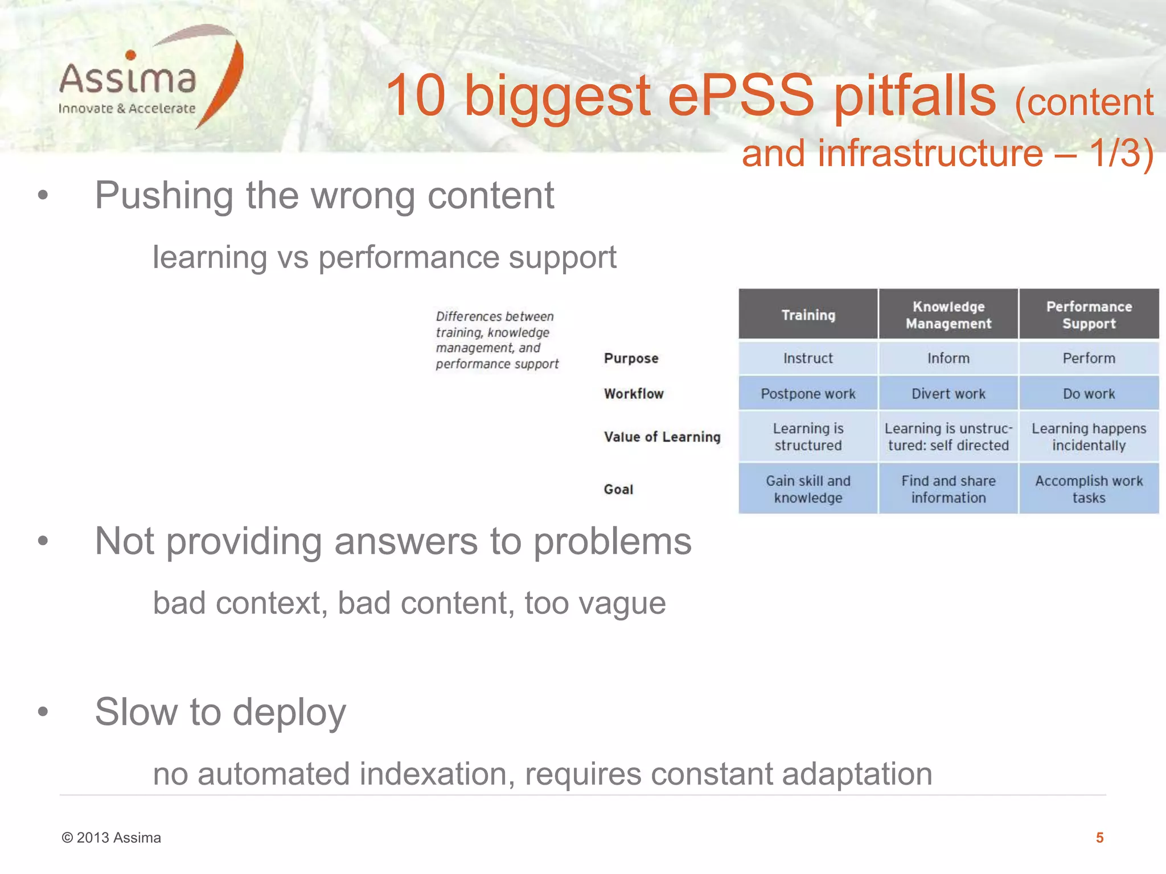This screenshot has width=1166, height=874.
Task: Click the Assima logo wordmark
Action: pyautogui.click(x=128, y=79)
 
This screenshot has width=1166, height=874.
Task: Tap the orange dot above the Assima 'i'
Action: pyautogui.click(x=130, y=55)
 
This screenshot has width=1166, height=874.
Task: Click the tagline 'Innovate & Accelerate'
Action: pyautogui.click(x=127, y=109)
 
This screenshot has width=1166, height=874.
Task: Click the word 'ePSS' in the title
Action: pyautogui.click(x=741, y=96)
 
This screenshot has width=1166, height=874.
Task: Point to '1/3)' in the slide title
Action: pyautogui.click(x=1121, y=153)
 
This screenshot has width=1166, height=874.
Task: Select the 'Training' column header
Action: pyautogui.click(x=808, y=315)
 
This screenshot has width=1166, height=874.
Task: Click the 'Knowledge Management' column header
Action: pyautogui.click(x=948, y=315)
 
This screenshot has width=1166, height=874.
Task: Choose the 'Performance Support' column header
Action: pyautogui.click(x=1089, y=315)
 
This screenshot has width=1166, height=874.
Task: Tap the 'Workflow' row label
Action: pyautogui.click(x=634, y=394)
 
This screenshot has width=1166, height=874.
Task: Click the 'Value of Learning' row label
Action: pyautogui.click(x=662, y=437)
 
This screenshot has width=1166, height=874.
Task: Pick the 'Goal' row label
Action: pyautogui.click(x=618, y=489)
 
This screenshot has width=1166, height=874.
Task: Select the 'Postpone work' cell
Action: pyautogui.click(x=808, y=394)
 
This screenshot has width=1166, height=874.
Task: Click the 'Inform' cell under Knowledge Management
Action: pyautogui.click(x=948, y=358)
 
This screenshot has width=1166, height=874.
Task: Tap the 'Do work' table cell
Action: pyautogui.click(x=1089, y=394)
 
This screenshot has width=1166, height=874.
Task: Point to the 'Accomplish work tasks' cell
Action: pyautogui.click(x=1089, y=489)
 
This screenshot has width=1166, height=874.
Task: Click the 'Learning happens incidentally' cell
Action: pyautogui.click(x=1089, y=437)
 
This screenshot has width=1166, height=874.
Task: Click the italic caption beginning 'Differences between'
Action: pyautogui.click(x=496, y=340)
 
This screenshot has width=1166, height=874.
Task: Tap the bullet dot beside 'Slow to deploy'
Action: pyautogui.click(x=43, y=711)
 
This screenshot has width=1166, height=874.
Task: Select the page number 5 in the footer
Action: pyautogui.click(x=1099, y=838)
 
